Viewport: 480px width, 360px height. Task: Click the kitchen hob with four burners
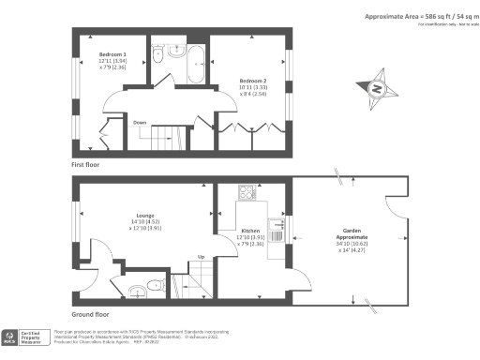coord(247,193)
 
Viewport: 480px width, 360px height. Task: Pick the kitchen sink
coord(276,224)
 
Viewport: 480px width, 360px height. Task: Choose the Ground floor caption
coord(93,315)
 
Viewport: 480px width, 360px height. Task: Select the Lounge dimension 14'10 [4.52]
coord(145,221)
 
